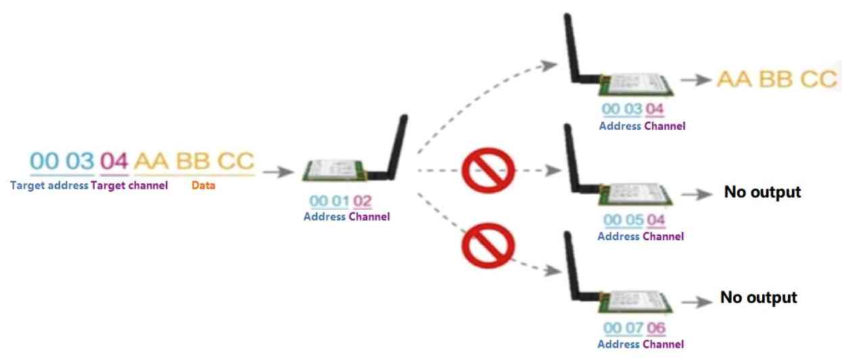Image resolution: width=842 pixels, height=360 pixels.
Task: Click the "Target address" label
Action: pos(49,185)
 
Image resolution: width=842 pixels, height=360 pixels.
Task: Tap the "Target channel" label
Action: pos(129,185)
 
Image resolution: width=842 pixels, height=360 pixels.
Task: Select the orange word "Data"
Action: pos(204,185)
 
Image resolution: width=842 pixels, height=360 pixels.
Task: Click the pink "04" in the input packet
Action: pos(114,161)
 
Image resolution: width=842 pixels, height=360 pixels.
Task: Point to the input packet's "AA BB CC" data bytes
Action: pos(194,161)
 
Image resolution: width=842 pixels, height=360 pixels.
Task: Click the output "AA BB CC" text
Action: pos(777,79)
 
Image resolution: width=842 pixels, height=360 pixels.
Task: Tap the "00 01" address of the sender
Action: pos(329,201)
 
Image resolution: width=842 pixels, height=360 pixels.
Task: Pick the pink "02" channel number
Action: pos(362,201)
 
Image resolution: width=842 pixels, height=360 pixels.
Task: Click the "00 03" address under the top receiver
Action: pos(622,109)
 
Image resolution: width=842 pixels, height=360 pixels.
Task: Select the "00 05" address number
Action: pos(624,220)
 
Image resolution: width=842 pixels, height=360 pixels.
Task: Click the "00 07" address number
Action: pos(624,328)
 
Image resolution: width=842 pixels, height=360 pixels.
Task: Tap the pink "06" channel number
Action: pos(656,328)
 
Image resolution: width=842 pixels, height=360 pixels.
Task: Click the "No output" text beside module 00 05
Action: pos(762,192)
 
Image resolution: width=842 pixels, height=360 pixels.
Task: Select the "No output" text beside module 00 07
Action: pos(759,297)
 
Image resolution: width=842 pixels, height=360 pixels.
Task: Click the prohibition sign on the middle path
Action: pos(488,171)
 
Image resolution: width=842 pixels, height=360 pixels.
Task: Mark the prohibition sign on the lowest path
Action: pos(488,246)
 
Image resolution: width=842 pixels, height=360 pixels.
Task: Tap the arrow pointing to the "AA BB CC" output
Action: pos(696,80)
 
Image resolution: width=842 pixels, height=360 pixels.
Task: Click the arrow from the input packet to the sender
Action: pos(278,172)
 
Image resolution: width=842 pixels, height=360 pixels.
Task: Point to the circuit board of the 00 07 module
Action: pos(635,302)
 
